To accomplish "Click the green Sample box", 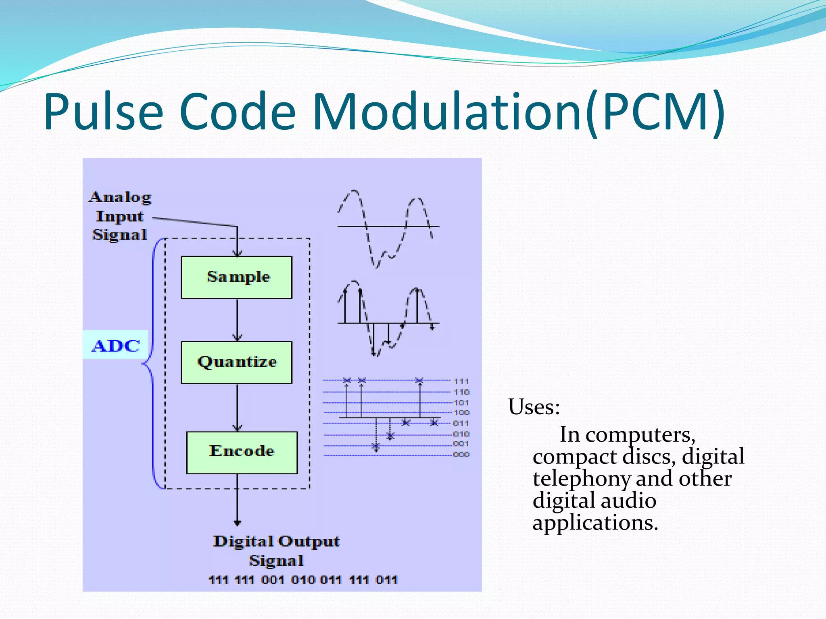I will point(236,277).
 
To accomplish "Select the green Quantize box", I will point(236,362).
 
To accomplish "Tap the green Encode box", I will point(242,452).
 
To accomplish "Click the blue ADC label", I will point(116,346).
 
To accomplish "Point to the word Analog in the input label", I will point(120,197).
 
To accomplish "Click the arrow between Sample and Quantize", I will point(237,320).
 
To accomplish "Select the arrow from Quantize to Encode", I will point(237,407).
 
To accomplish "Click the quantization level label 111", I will point(461,381).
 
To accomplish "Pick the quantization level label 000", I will point(461,455).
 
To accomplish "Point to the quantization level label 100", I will point(461,412).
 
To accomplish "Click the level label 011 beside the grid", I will point(461,423).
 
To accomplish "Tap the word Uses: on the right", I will point(534,407).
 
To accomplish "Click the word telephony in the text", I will point(581,479).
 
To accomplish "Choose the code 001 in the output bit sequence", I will point(273,580).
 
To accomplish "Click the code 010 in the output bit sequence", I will point(303,580).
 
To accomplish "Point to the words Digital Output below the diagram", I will point(276,541).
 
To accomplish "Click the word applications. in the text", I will point(595,523).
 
